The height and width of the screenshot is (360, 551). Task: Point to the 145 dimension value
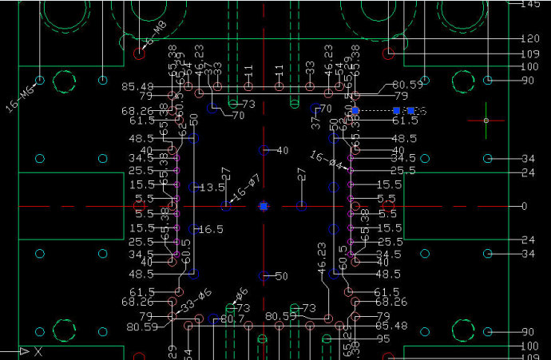[x=529, y=5]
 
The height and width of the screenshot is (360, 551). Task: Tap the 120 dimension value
[x=529, y=38]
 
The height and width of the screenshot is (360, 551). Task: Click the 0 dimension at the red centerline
[x=524, y=206]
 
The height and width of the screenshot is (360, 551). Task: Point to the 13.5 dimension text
[x=212, y=188]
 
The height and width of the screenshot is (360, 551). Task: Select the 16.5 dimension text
[x=212, y=229]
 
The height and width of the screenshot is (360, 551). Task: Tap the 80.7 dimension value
[x=232, y=319]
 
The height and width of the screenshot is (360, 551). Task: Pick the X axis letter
[x=38, y=351]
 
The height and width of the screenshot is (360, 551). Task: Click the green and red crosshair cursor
[x=486, y=121]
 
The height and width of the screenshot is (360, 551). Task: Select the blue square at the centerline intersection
[x=264, y=206]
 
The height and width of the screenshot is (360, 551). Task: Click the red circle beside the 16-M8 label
[x=139, y=53]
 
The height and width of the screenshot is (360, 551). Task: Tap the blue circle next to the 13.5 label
[x=194, y=188]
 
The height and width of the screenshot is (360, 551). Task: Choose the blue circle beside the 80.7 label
[x=212, y=319]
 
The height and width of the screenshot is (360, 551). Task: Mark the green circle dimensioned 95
[x=326, y=338]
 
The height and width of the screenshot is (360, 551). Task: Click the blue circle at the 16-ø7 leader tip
[x=227, y=206]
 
